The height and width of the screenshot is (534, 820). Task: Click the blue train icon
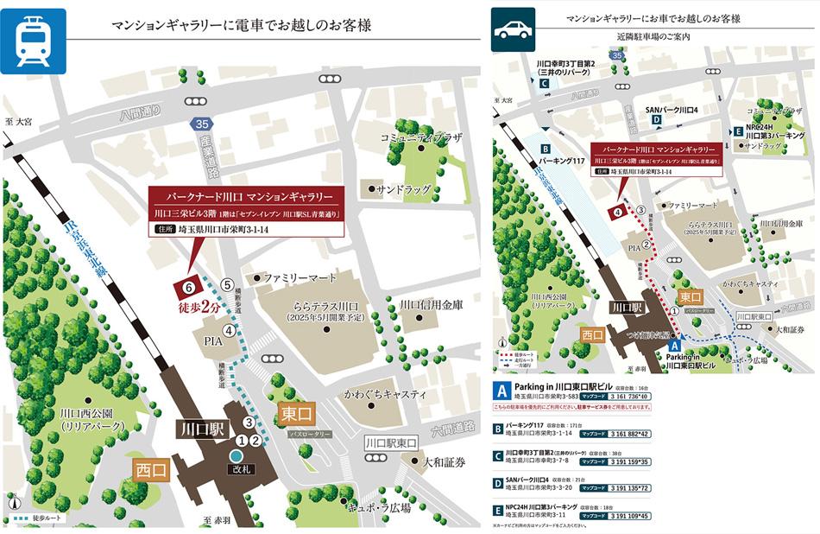pos(34,39)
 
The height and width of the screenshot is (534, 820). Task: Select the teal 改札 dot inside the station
pos(237,455)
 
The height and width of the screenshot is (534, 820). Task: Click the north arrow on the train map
pos(12,502)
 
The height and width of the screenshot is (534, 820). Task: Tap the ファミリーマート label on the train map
pos(298,278)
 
